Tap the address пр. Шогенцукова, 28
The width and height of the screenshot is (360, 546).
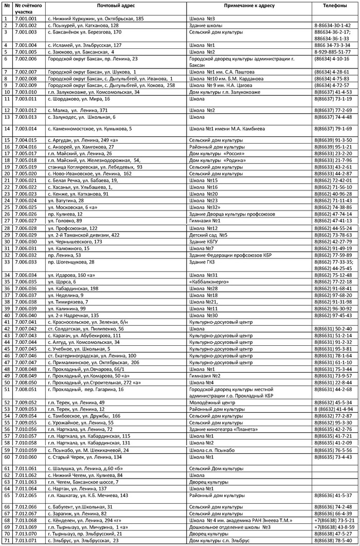(71, 261)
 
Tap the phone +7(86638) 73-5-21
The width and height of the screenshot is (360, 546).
(332, 520)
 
